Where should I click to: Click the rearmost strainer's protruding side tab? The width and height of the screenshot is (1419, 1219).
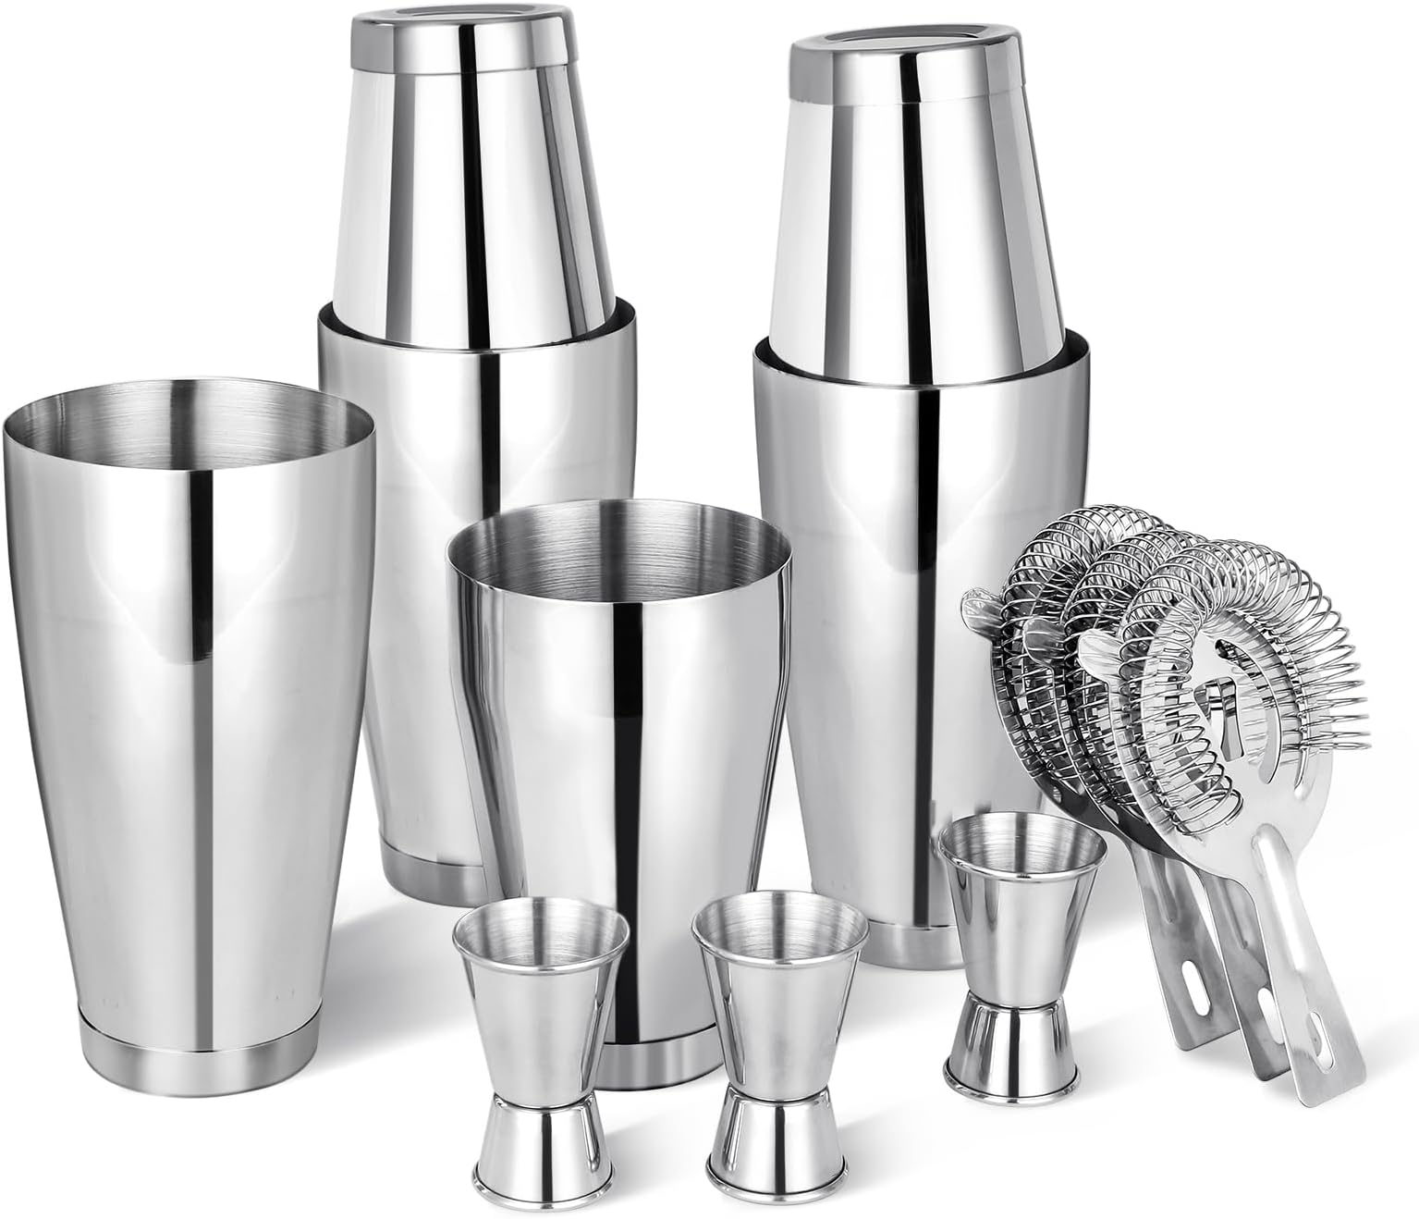pyautogui.click(x=980, y=610)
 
